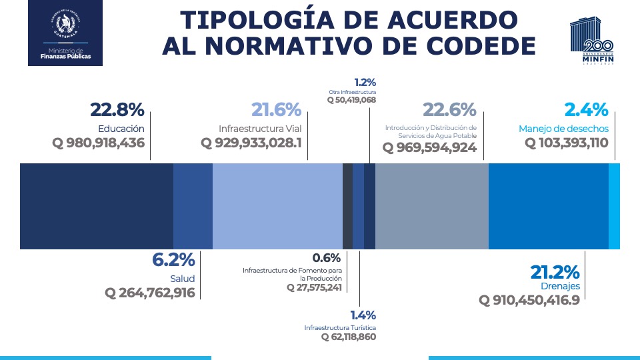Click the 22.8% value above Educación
pyautogui.click(x=117, y=110)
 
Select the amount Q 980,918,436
pyautogui.click(x=98, y=143)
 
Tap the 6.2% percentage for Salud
pyautogui.click(x=173, y=260)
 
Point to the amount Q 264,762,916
pyautogui.click(x=150, y=293)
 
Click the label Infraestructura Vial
pyautogui.click(x=260, y=128)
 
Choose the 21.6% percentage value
pyautogui.click(x=276, y=110)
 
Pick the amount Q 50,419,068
pyautogui.click(x=351, y=100)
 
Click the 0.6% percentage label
pyautogui.click(x=327, y=258)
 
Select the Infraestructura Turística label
pyautogui.click(x=340, y=328)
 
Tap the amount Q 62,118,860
pyautogui.click(x=349, y=337)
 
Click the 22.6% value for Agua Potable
pyautogui.click(x=449, y=110)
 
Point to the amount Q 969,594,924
pyautogui.click(x=429, y=147)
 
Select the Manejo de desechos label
pyautogui.click(x=563, y=128)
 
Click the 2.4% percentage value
pyautogui.click(x=586, y=110)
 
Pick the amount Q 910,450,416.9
pyautogui.click(x=529, y=300)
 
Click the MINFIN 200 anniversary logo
pyautogui.click(x=593, y=41)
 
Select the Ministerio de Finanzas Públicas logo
pyautogui.click(x=65, y=33)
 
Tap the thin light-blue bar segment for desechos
pyautogui.click(x=614, y=206)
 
